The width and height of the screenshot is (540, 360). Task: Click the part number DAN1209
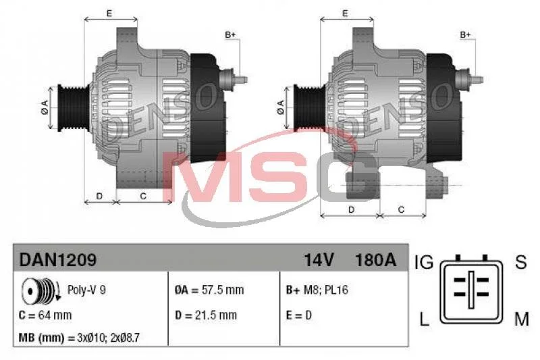58,259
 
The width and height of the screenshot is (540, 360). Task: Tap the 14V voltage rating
319,260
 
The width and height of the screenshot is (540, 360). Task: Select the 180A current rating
375,260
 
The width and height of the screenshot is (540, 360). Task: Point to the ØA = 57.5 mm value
209,290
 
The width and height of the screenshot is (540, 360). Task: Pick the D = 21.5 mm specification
206,315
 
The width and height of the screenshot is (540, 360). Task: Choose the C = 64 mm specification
45,315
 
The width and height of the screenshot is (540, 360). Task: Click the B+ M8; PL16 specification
317,290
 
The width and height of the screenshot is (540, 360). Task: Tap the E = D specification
298,315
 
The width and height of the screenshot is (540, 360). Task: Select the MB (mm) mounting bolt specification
79,337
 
